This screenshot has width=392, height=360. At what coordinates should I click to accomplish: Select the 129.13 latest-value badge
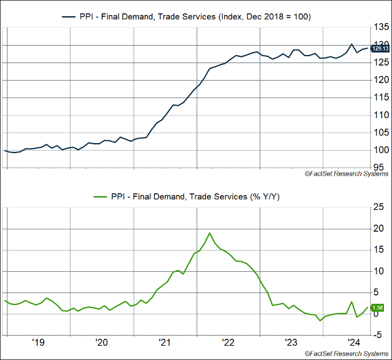pyautogui.click(x=380, y=48)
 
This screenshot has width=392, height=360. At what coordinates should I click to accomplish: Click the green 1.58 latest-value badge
pyautogui.click(x=378, y=307)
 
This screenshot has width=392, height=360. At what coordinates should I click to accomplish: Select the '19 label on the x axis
pyautogui.click(x=38, y=342)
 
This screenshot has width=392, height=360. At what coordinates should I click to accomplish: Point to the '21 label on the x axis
pyautogui.click(x=165, y=342)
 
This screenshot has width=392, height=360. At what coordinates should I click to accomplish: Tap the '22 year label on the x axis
pyautogui.click(x=228, y=342)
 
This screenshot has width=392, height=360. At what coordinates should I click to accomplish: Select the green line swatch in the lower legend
pyautogui.click(x=101, y=197)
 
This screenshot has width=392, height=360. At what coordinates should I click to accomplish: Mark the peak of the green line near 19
pyautogui.click(x=210, y=233)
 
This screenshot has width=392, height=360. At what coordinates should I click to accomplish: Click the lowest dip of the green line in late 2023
pyautogui.click(x=320, y=321)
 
